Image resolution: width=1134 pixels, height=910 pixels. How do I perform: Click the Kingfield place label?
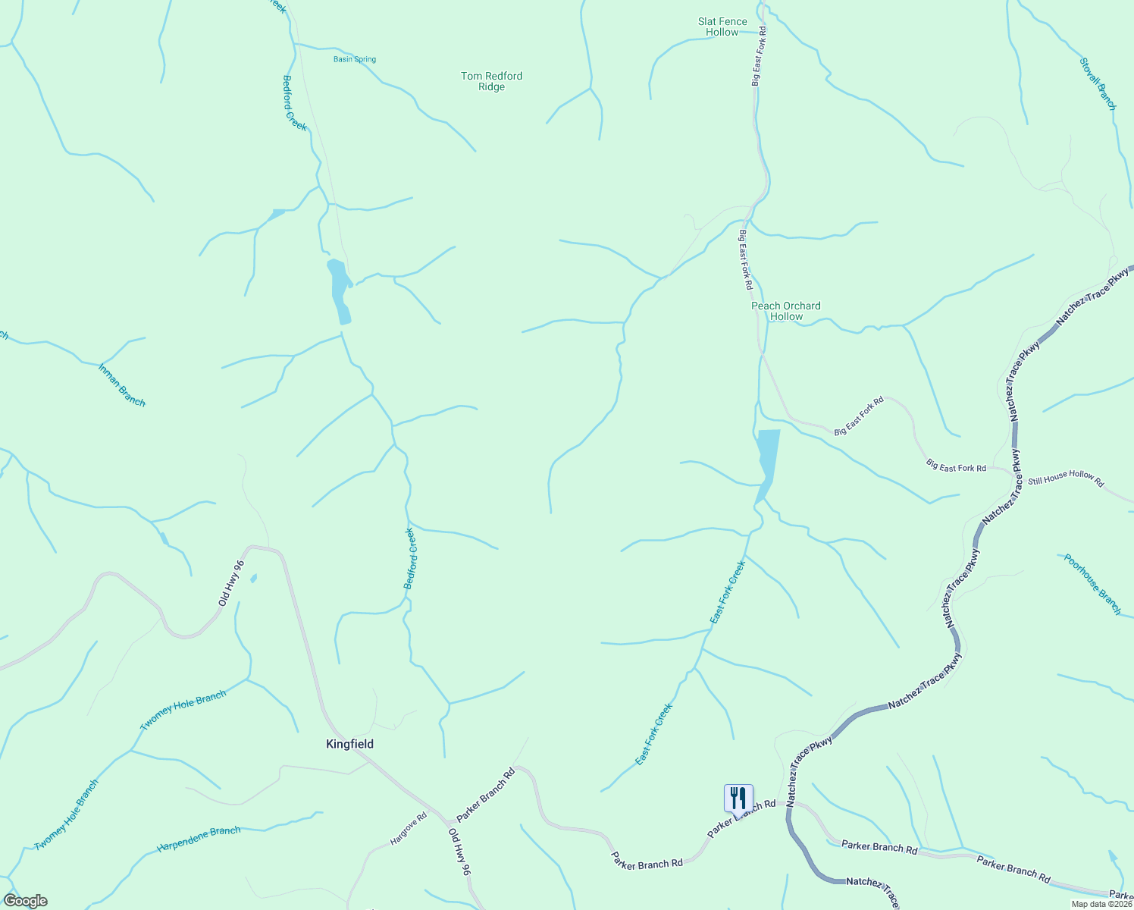click(x=349, y=744)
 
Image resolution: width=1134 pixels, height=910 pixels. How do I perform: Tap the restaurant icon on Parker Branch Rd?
click(x=738, y=799)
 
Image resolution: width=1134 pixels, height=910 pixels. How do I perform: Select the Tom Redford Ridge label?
click(x=491, y=81)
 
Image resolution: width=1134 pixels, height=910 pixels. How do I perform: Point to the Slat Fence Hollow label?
click(x=722, y=27)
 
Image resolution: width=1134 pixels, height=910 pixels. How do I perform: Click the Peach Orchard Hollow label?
click(x=786, y=311)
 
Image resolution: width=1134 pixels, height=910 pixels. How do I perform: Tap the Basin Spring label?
click(x=355, y=59)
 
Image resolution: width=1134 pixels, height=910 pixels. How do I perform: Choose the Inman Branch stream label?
click(x=121, y=385)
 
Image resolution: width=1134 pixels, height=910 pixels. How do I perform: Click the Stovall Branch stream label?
click(x=1098, y=84)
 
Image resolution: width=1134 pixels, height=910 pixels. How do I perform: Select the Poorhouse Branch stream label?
click(x=1092, y=584)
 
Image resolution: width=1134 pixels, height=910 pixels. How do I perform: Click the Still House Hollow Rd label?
click(x=1066, y=479)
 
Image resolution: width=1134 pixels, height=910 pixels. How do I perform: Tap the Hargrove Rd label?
click(x=409, y=830)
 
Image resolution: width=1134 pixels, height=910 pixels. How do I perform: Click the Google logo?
click(x=25, y=901)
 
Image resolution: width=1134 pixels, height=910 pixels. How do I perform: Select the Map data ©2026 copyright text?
click(x=1101, y=904)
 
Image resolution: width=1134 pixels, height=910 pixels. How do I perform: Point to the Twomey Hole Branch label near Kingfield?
click(x=183, y=711)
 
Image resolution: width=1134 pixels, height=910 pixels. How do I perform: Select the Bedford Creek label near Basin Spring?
click(x=294, y=103)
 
